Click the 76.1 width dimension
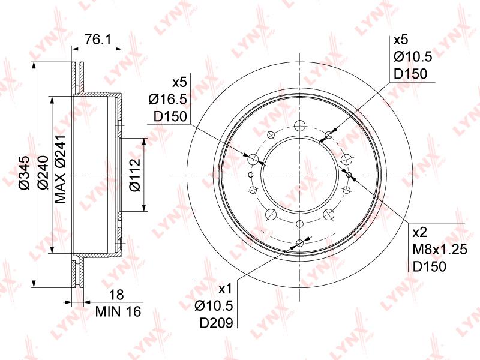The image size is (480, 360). [x=98, y=39]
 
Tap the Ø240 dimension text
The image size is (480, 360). [x=43, y=173]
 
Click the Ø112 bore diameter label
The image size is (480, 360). [x=134, y=175]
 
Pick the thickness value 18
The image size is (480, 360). [x=116, y=295]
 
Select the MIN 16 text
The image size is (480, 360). [x=118, y=311]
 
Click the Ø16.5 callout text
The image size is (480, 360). [x=168, y=99]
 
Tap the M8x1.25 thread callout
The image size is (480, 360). [x=440, y=250]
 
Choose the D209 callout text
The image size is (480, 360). [x=216, y=322]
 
